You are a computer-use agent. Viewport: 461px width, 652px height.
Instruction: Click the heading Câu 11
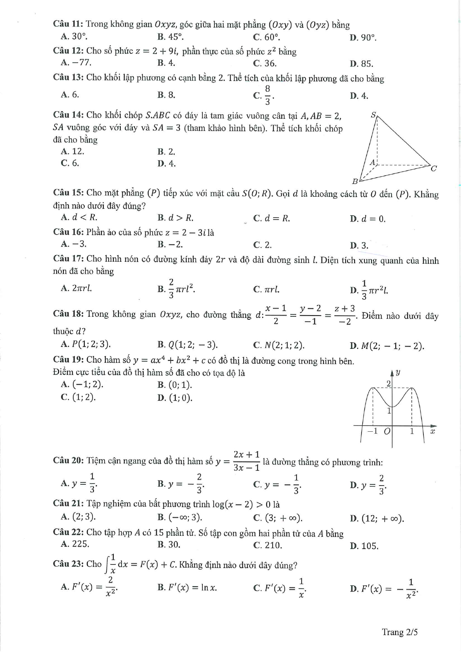pyautogui.click(x=68, y=24)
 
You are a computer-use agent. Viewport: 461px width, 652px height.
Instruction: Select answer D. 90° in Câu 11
pyautogui.click(x=363, y=38)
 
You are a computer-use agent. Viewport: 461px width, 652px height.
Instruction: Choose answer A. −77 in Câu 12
pyautogui.click(x=76, y=63)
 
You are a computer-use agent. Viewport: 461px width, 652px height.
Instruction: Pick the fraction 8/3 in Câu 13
pyautogui.click(x=267, y=95)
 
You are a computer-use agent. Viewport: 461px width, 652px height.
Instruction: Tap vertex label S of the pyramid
pyautogui.click(x=373, y=115)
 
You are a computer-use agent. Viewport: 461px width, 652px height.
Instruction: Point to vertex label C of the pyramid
pyautogui.click(x=434, y=168)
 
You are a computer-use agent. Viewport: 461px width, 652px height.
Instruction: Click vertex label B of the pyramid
pyautogui.click(x=355, y=181)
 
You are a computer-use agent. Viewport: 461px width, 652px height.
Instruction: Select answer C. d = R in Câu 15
pyautogui.click(x=271, y=218)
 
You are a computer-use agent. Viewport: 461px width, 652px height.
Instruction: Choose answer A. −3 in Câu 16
pyautogui.click(x=74, y=244)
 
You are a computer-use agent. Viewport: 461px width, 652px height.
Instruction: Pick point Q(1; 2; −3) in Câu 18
pyautogui.click(x=188, y=345)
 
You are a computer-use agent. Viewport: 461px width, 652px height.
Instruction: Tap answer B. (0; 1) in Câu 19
pyautogui.click(x=175, y=385)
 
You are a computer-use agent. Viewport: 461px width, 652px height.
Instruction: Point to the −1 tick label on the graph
pyautogui.click(x=372, y=431)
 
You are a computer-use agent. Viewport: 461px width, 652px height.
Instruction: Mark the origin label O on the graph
pyautogui.click(x=387, y=431)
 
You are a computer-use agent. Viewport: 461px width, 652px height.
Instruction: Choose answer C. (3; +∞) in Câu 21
pyautogui.click(x=278, y=518)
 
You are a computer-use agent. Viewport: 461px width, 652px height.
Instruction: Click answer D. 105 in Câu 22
pyautogui.click(x=364, y=546)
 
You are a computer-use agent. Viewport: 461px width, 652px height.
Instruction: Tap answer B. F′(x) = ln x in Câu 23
pyautogui.click(x=187, y=587)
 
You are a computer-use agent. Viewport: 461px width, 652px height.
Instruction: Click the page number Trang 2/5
pyautogui.click(x=400, y=632)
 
